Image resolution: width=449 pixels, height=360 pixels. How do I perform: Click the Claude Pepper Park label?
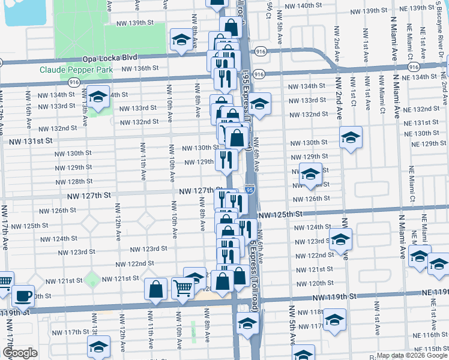coord(76,70)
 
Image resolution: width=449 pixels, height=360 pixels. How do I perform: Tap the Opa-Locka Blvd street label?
coord(110,57)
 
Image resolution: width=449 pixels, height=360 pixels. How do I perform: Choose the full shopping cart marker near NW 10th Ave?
coord(182,288)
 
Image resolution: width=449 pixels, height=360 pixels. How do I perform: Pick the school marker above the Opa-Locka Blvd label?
coord(181,40)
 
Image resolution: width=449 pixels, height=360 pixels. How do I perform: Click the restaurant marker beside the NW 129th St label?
coord(226,159)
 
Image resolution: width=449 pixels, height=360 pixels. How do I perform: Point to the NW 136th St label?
coord(142,68)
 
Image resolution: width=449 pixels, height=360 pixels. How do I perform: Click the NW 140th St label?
coord(304,5)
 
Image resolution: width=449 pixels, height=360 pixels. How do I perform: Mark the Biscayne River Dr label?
coord(441,48)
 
